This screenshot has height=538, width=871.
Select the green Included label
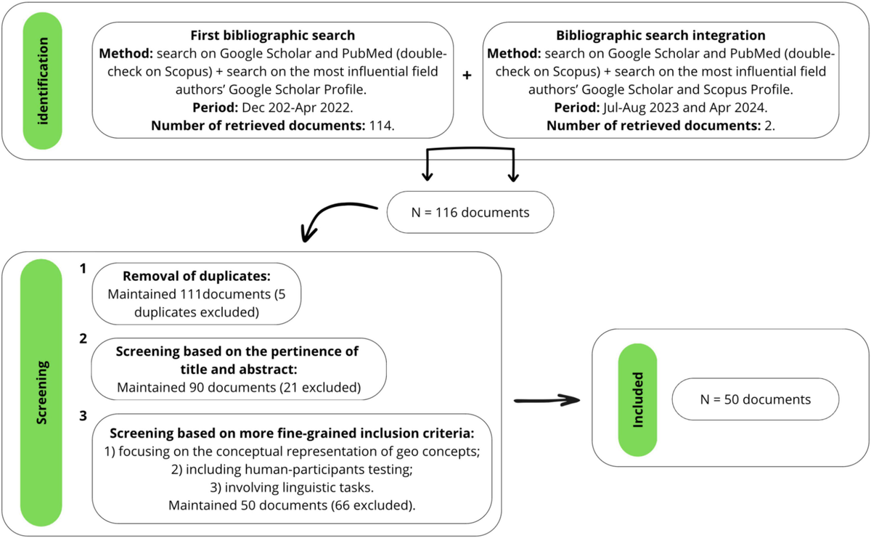[x=637, y=400]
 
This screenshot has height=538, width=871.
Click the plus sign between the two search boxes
[x=467, y=75]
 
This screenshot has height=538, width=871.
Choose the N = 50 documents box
[x=756, y=399]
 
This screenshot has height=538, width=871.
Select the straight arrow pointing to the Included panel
[x=549, y=400]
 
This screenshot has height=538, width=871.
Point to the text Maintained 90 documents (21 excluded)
[x=239, y=387]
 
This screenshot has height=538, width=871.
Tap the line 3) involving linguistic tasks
[x=293, y=486]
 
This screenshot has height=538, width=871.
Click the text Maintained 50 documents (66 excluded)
[x=293, y=505]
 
